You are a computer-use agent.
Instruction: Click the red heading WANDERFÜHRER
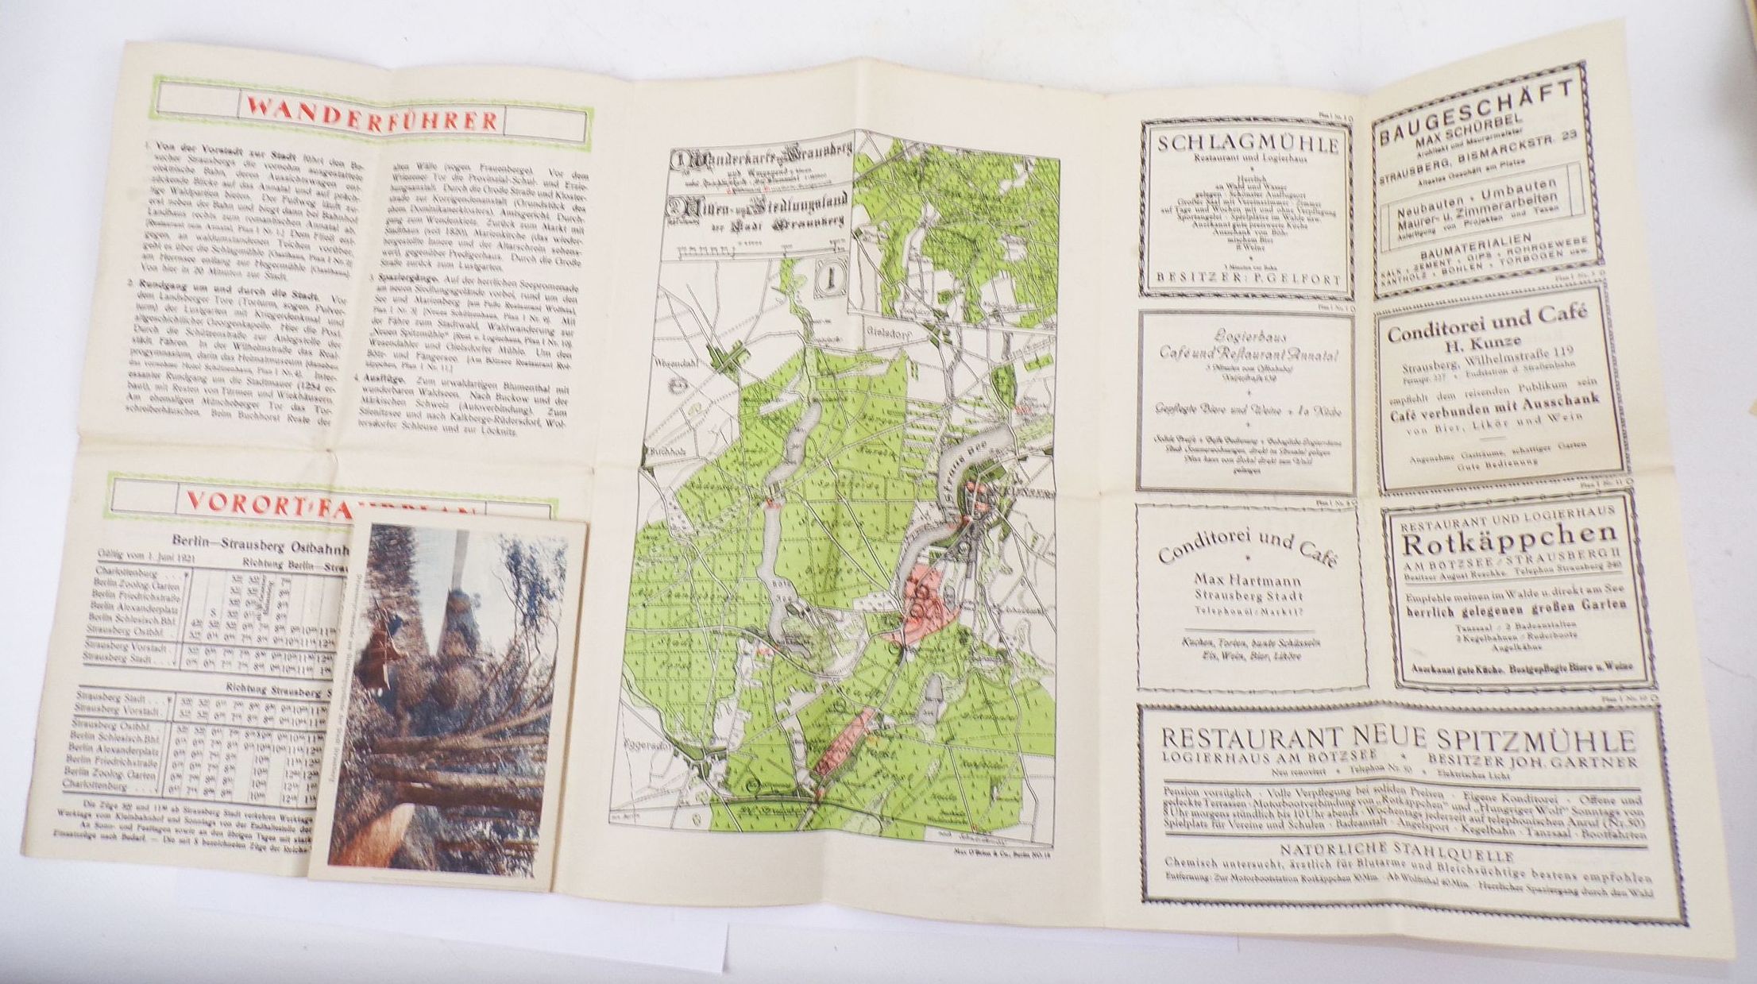click(372, 120)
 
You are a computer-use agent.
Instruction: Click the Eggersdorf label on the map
click(668, 747)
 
